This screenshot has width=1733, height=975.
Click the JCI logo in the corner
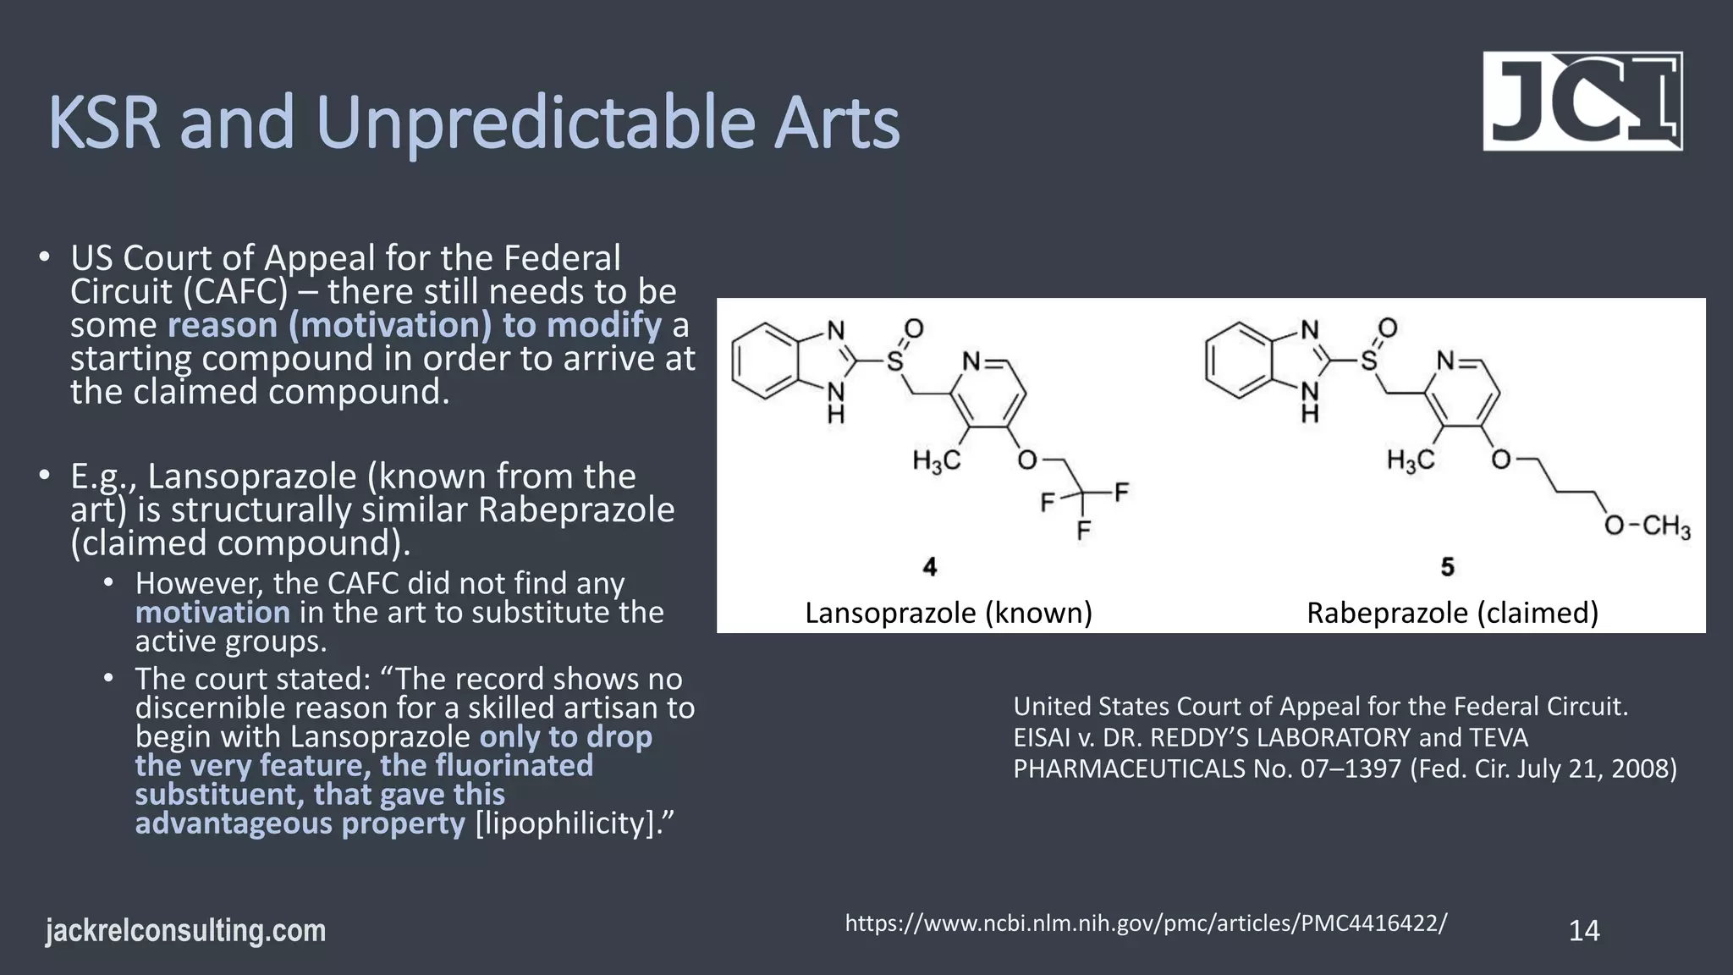[1582, 102]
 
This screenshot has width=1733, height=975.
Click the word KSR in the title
[103, 124]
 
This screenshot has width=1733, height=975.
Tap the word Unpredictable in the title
[534, 124]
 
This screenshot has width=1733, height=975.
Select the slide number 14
[1583, 931]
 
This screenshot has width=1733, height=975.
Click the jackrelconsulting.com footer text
[185, 931]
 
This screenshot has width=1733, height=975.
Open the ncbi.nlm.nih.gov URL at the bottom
[1146, 923]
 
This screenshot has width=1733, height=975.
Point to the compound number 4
[930, 567]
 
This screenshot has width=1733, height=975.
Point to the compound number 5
[1447, 567]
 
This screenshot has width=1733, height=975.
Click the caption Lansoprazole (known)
[948, 613]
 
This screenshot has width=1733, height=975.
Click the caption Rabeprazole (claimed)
[1452, 613]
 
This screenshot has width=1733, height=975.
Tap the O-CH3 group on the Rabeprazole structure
[1647, 526]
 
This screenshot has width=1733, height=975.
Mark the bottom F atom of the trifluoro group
[1083, 532]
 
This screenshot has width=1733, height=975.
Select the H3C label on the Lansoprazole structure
[936, 461]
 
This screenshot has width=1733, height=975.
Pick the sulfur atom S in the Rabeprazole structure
[1368, 362]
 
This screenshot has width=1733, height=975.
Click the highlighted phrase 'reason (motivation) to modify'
[415, 325]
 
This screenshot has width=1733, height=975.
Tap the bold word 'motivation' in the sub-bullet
[212, 612]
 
